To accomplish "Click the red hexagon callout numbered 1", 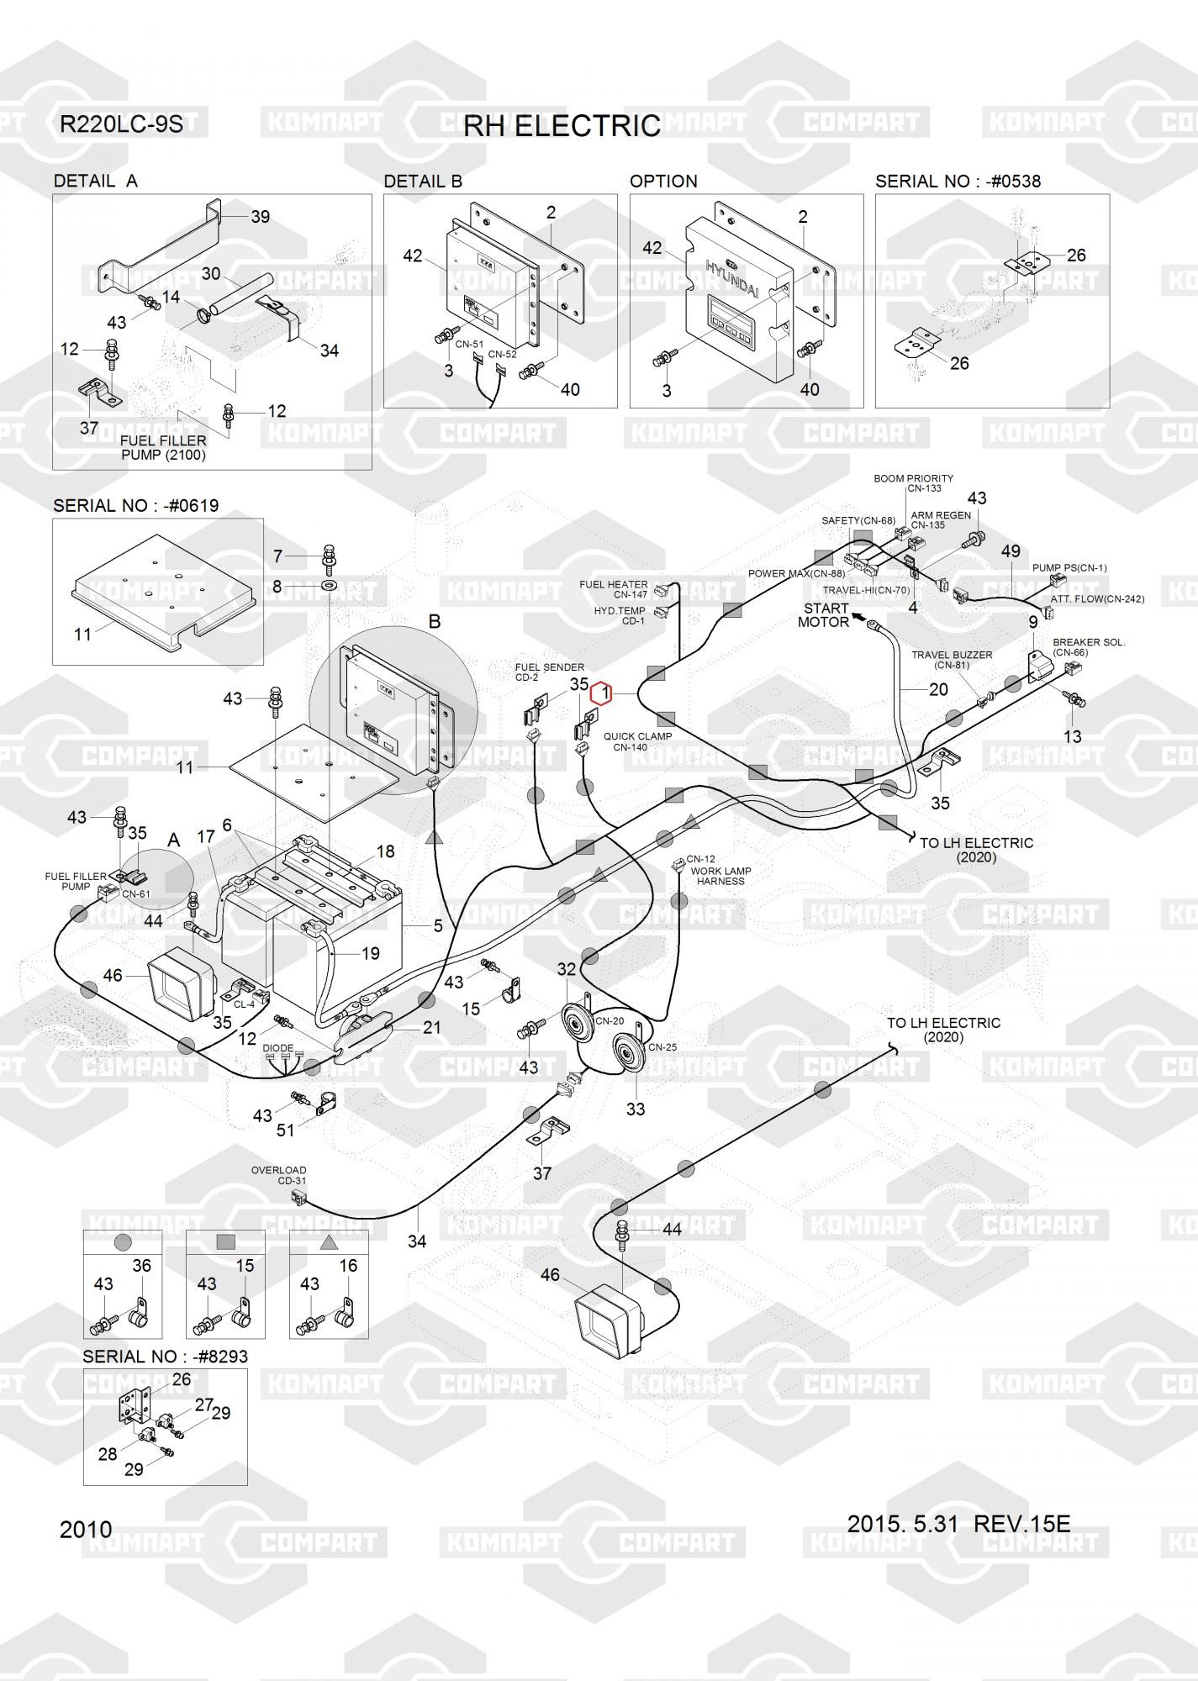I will click(x=601, y=694).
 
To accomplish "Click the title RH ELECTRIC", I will click(x=562, y=126).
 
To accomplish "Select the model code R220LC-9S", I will click(x=120, y=124).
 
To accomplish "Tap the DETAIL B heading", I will click(x=423, y=181).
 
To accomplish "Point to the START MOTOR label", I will click(x=824, y=615).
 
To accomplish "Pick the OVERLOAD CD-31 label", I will click(x=279, y=1175).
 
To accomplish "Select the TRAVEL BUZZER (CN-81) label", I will click(x=952, y=660).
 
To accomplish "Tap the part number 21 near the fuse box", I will click(x=432, y=1027).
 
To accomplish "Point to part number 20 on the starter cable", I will click(x=938, y=689).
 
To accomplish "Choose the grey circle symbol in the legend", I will click(x=123, y=1241).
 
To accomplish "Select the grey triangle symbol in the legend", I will click(x=329, y=1241).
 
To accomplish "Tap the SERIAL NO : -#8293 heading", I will click(x=165, y=1357).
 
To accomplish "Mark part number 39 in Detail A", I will click(x=261, y=217).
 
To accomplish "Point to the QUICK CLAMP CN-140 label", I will click(x=637, y=741).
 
